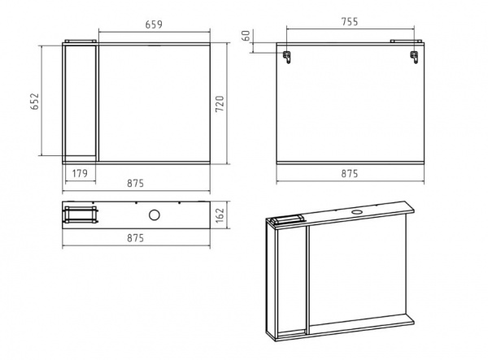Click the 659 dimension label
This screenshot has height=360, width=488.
154,24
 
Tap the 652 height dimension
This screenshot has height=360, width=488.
34,101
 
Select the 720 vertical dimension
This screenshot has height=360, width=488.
220,104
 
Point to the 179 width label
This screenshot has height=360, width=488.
80,173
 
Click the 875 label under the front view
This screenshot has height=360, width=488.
135,183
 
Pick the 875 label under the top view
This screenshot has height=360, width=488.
135,238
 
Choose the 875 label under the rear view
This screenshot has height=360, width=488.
350,173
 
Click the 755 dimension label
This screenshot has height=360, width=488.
350,22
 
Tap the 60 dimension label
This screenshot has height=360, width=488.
246,36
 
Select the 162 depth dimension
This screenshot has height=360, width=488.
220,215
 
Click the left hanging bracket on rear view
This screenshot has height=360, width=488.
286,57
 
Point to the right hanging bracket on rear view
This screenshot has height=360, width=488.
414,57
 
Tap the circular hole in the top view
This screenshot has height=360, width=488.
155,215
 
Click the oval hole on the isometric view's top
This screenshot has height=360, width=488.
356,212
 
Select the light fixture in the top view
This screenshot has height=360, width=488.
81,215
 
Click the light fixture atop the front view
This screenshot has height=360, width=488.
81,41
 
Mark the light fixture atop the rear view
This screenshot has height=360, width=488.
406,41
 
